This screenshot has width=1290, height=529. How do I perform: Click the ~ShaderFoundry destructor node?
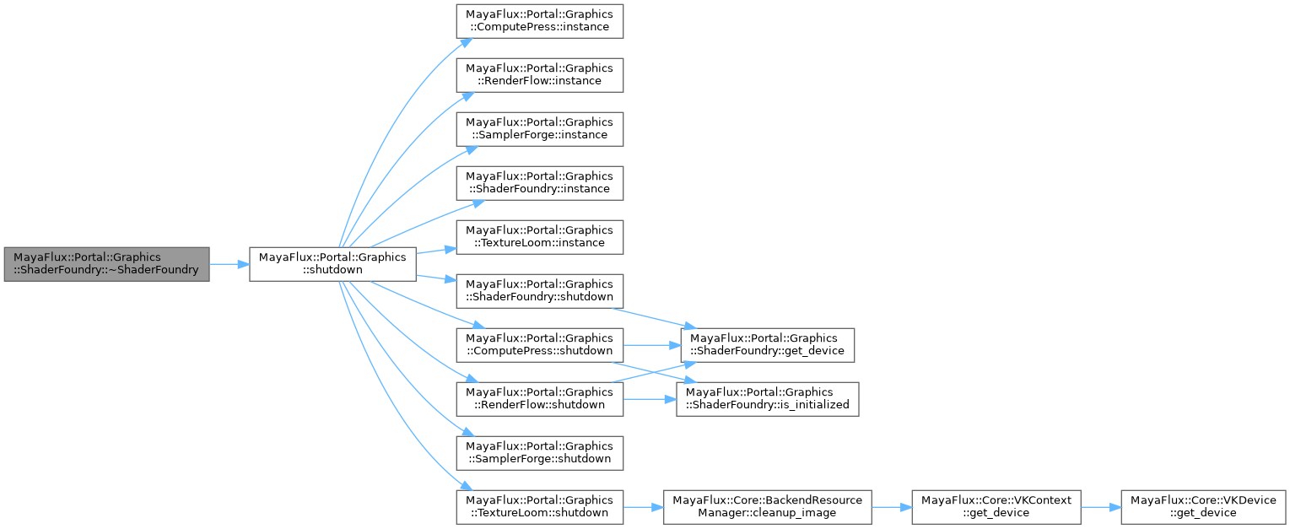click(106, 264)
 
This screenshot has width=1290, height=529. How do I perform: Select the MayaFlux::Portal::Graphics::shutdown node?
click(332, 264)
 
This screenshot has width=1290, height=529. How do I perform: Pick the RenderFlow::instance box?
click(540, 73)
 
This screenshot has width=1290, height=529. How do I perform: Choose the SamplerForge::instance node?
click(540, 127)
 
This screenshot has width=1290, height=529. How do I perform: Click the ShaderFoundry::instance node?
click(540, 182)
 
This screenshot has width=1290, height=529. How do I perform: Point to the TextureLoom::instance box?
click(540, 236)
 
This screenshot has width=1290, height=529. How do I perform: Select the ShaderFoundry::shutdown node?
click(540, 290)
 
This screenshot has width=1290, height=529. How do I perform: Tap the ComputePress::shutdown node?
click(540, 344)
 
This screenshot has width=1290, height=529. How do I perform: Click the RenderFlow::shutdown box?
click(540, 398)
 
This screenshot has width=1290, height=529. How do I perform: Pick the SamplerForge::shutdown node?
click(540, 453)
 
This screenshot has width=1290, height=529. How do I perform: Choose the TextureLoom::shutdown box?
click(540, 507)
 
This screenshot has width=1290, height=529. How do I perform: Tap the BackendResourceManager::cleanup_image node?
click(768, 507)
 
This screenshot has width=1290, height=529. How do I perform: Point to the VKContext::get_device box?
click(996, 507)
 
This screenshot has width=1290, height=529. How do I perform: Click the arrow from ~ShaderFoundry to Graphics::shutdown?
click(229, 264)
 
